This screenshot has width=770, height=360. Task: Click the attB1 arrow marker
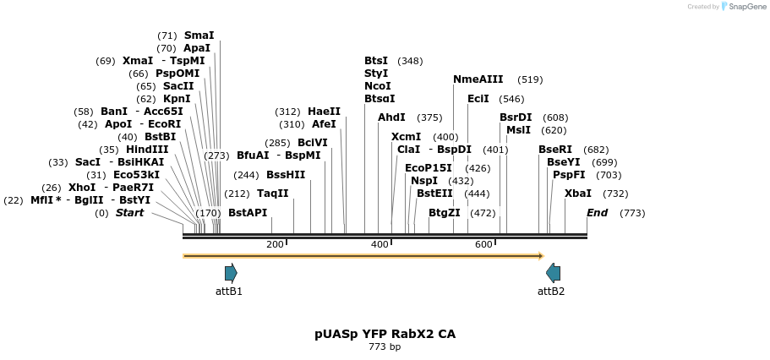click(x=231, y=272)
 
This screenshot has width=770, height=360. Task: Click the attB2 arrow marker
click(x=553, y=272)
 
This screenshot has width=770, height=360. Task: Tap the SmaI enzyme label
click(x=199, y=35)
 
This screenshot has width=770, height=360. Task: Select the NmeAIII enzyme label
click(x=478, y=79)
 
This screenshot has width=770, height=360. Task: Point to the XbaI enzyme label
click(x=578, y=194)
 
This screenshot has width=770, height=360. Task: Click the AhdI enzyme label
click(x=391, y=117)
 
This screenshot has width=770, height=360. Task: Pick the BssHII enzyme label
click(x=286, y=175)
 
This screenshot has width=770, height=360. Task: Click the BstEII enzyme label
click(x=434, y=194)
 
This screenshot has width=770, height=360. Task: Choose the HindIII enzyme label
click(x=147, y=150)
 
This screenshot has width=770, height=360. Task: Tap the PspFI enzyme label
click(x=569, y=175)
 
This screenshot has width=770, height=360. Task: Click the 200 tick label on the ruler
click(x=275, y=244)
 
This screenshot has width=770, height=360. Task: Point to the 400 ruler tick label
click(x=380, y=244)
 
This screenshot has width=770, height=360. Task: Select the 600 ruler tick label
click(x=483, y=244)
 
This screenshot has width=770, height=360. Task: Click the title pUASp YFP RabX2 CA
click(x=385, y=334)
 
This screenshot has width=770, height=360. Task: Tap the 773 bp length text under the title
click(x=385, y=346)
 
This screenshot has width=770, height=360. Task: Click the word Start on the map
click(x=129, y=213)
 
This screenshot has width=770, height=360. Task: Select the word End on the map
click(x=597, y=213)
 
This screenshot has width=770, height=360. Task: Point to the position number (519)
click(x=530, y=79)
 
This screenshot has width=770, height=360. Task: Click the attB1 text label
click(x=229, y=292)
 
